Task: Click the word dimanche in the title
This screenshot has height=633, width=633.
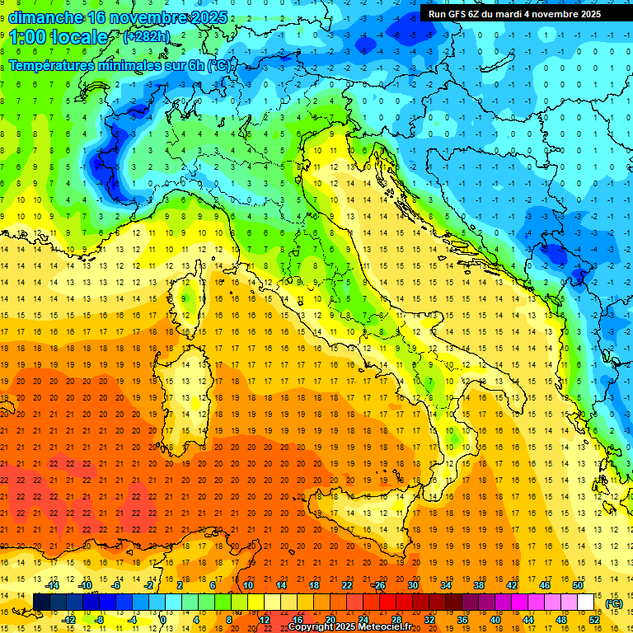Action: pos(45,17)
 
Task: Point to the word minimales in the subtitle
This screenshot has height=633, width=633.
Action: pos(124,65)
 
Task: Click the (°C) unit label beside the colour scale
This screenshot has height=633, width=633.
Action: pos(614,603)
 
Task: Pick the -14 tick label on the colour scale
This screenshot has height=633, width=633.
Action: pos(53,585)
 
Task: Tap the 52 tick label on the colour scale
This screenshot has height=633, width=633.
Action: pos(594,619)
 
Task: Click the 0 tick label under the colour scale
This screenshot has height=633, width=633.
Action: pos(163,619)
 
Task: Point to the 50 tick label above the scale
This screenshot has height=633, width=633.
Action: pos(578,585)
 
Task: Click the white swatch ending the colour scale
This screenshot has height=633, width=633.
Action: pos(586,602)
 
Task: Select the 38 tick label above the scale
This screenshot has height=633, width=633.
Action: pos(479,585)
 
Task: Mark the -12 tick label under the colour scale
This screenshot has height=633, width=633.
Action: pos(69,619)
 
